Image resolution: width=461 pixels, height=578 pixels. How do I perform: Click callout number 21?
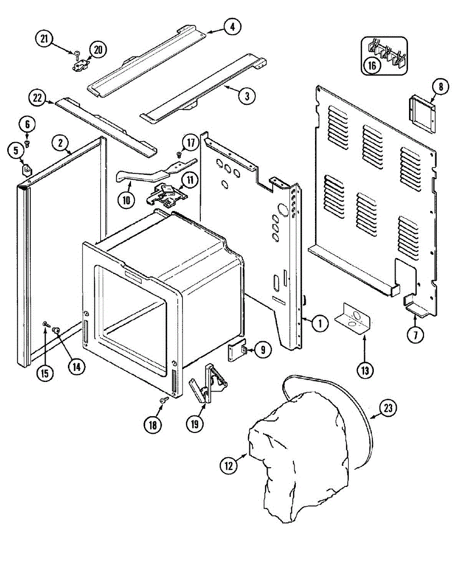point(44,39)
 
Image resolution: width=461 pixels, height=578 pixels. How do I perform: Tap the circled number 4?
point(232,27)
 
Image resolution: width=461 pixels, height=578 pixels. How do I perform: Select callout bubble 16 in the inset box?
point(372,66)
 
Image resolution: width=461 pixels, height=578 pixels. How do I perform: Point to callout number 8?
point(440,87)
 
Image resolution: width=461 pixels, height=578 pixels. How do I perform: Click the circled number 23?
point(388,408)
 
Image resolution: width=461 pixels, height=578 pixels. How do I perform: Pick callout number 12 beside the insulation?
point(229,465)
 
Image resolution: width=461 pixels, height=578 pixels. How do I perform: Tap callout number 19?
point(195,424)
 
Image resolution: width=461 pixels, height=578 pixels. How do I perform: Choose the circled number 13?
point(365,371)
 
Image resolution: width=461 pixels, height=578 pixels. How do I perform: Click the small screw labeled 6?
point(27,143)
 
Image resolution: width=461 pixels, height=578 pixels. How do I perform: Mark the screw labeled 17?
point(178,155)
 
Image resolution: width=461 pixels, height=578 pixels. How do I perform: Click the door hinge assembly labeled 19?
point(208,388)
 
